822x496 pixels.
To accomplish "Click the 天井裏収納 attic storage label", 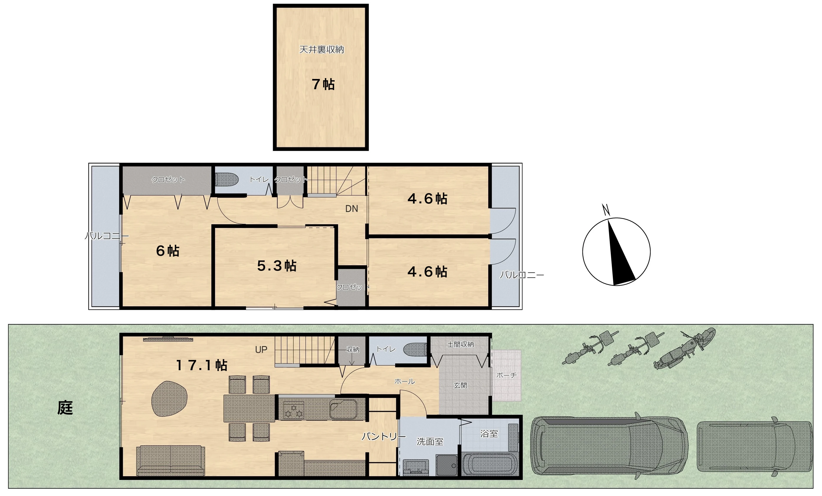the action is (322, 49).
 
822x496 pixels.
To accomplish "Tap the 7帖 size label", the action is (323, 84).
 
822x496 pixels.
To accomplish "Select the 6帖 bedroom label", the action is (168, 251).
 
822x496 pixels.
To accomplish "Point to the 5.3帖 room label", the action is (277, 266).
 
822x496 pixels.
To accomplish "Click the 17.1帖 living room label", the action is (202, 365).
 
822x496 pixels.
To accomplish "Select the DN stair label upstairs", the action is (352, 209).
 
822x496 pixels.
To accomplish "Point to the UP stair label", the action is (261, 350).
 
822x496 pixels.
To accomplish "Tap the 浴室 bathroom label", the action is (489, 434).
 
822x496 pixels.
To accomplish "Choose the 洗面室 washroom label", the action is (430, 442).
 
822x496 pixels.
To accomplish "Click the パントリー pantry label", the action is (384, 436).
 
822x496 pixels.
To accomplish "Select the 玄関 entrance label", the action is (460, 386).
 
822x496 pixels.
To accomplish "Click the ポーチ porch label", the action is (506, 375).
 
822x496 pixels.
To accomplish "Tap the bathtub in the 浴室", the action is (490, 465).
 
